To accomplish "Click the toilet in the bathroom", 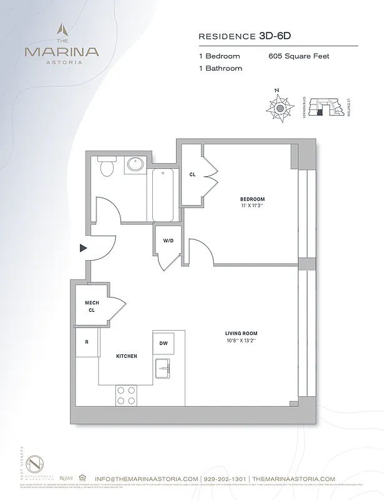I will click(x=106, y=166).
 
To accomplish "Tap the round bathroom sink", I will click(x=134, y=165).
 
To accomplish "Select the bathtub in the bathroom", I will click(x=163, y=194).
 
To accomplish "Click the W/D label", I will click(x=168, y=240).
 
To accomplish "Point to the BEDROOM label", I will click(x=253, y=199).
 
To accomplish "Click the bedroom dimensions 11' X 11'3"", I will click(x=253, y=205).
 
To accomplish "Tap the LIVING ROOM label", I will click(x=241, y=333).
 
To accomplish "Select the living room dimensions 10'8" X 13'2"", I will click(x=241, y=341).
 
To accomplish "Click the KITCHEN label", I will click(x=126, y=356).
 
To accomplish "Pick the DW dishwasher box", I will click(x=163, y=343).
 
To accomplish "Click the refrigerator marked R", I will click(x=86, y=343).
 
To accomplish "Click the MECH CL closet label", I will click(x=92, y=306).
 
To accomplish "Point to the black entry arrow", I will click(x=83, y=248).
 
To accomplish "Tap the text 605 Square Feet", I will click(x=299, y=56).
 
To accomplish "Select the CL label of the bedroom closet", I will click(x=192, y=174).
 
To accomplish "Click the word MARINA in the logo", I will click(x=61, y=51).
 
